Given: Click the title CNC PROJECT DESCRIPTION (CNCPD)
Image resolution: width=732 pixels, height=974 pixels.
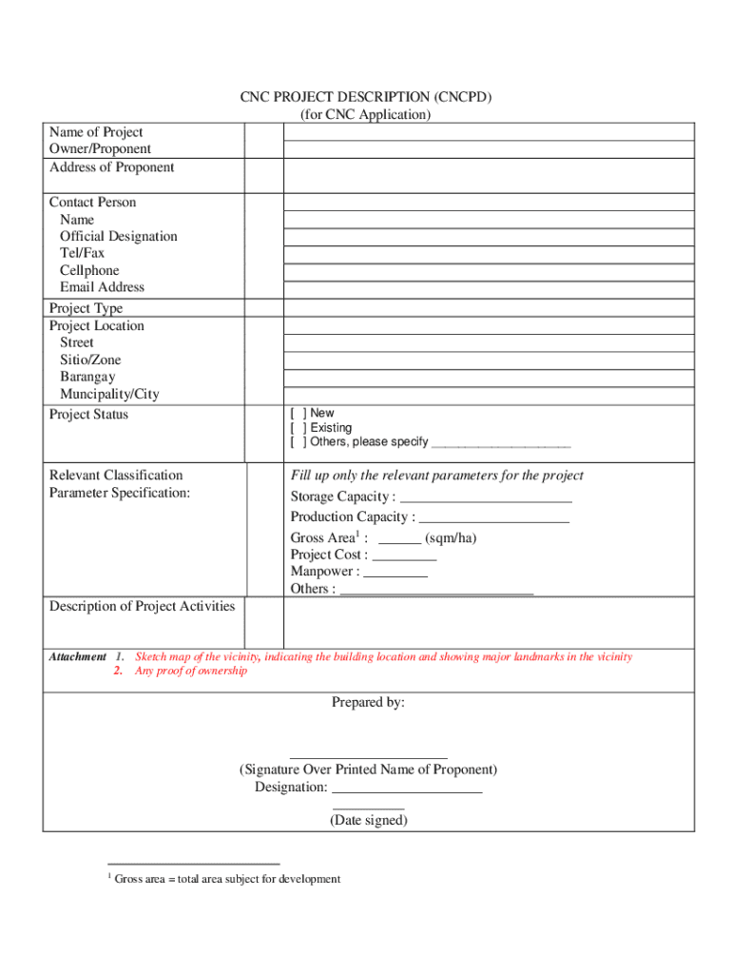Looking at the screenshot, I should (366, 97).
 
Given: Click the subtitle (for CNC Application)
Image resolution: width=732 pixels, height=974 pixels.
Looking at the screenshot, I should (366, 114).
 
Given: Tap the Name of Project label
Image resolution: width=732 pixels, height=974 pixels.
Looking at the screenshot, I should (96, 132).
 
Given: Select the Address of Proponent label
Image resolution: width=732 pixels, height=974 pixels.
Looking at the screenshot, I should (112, 167).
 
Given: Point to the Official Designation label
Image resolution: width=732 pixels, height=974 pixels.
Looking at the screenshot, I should (119, 236).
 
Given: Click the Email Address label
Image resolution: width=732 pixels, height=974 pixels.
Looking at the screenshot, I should (103, 287).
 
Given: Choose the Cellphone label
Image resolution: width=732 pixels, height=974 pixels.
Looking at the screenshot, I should (90, 270).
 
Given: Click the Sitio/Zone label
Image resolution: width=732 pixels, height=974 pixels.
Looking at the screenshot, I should (91, 360).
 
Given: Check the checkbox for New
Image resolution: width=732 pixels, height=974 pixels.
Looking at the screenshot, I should (298, 414).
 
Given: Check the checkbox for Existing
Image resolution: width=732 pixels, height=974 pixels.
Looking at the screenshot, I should (298, 428).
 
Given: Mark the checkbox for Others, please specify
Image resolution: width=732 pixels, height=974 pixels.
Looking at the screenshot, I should (298, 442).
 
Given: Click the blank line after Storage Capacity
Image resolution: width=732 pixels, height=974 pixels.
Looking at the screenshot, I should (486, 497).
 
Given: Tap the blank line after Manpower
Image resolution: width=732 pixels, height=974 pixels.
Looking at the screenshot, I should (395, 573).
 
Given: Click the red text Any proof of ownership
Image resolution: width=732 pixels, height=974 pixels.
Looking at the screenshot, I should (191, 672).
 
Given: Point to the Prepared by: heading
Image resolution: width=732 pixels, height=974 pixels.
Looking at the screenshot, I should (368, 703).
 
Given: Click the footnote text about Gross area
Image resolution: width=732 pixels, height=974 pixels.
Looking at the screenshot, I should (227, 879).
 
